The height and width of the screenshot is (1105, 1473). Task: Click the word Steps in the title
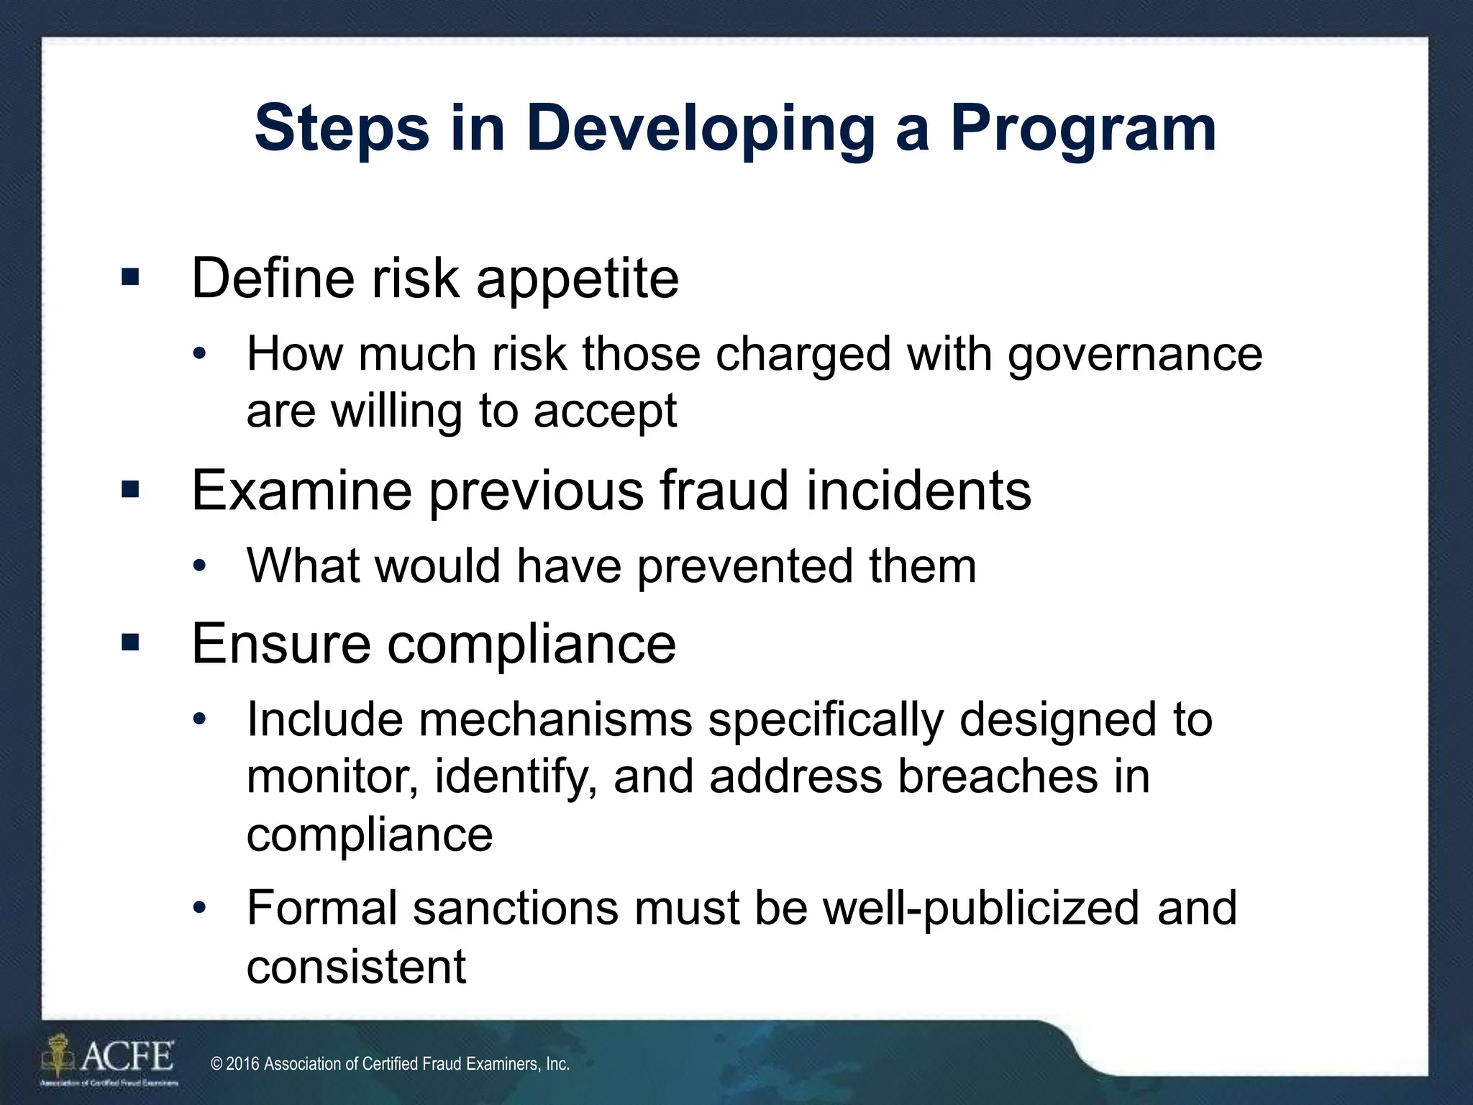tap(342, 129)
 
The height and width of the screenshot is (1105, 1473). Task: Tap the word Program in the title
tap(1083, 129)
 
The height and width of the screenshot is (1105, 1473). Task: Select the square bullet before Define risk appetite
tap(130, 278)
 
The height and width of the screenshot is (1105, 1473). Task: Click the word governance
tap(1134, 355)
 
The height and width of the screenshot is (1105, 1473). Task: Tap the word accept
tap(605, 411)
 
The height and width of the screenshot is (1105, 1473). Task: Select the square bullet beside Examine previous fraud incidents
tap(130, 491)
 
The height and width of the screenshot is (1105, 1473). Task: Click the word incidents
tap(918, 491)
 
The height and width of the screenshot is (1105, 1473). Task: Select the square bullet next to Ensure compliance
tap(130, 642)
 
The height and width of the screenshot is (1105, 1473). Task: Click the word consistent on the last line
tap(356, 966)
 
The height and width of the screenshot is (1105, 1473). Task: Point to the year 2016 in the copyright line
tap(242, 1064)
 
